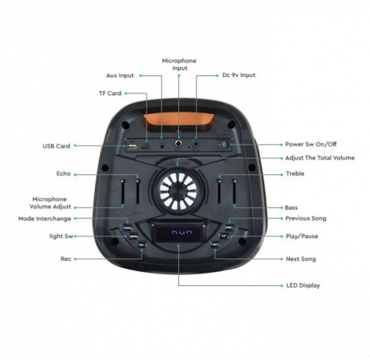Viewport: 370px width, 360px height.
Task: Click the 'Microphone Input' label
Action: pyautogui.click(x=179, y=64)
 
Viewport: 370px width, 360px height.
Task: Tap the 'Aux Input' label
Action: pyautogui.click(x=120, y=75)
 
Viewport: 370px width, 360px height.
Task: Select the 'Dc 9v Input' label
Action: pyautogui.click(x=239, y=75)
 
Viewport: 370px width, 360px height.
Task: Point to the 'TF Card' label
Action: pyautogui.click(x=110, y=93)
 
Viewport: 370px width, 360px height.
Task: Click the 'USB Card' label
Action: pyautogui.click(x=56, y=146)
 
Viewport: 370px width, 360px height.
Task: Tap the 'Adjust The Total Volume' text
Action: pyautogui.click(x=319, y=157)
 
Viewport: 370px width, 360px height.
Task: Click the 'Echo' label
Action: pyautogui.click(x=64, y=174)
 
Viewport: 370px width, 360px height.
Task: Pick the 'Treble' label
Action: pyautogui.click(x=295, y=174)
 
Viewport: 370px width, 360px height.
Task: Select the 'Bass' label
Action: pyautogui.click(x=291, y=207)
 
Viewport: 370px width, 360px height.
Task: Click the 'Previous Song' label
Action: pyautogui.click(x=306, y=219)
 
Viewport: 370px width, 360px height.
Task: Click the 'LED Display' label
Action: pyautogui.click(x=302, y=285)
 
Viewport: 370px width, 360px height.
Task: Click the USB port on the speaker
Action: pyautogui.click(x=131, y=146)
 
